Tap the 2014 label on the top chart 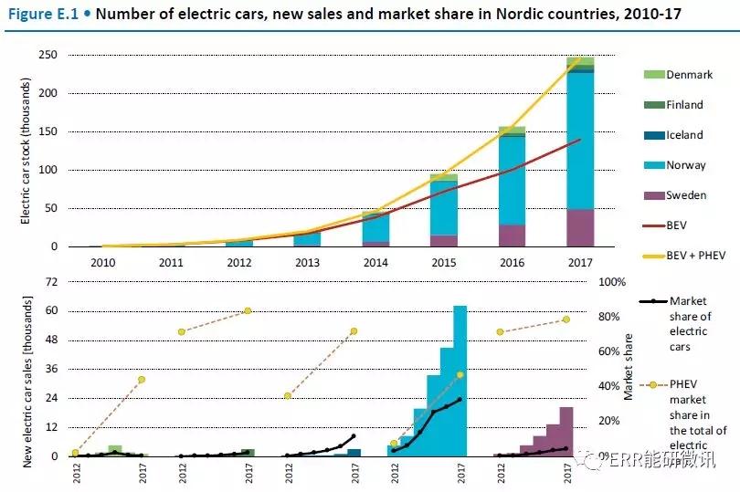(x=376, y=262)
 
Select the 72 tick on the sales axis (x=51, y=282)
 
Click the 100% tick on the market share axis (x=611, y=282)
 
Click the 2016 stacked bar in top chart (x=512, y=187)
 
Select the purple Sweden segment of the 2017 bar (x=580, y=228)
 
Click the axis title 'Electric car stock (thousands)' (x=26, y=151)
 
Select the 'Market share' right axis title (x=629, y=366)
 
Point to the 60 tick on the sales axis (x=51, y=311)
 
